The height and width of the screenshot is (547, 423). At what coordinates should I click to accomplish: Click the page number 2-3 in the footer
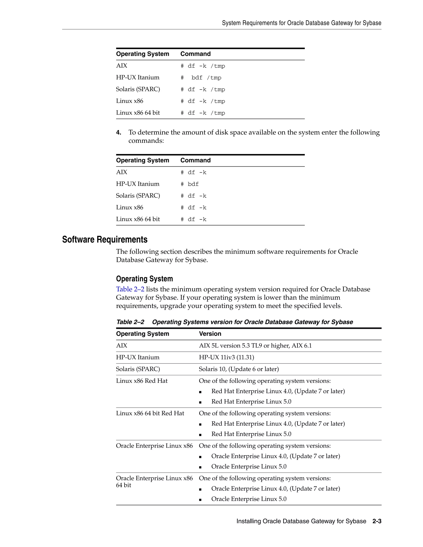coord(377,521)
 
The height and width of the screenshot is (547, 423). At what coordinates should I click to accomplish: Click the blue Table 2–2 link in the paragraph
coord(130,289)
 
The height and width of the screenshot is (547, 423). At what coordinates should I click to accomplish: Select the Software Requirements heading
coord(105,239)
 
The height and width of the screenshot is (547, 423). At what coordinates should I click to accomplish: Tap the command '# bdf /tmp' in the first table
coord(201,78)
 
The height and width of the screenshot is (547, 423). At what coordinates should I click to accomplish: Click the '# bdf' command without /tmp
coord(190,184)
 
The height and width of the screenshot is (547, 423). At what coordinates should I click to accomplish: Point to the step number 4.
coord(119,133)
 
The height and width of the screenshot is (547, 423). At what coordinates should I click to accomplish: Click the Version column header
coord(210,334)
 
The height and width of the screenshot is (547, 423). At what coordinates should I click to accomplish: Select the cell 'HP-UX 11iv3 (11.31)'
coord(226,357)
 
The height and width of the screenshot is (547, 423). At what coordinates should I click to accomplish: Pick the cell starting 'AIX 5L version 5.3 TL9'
coord(255,346)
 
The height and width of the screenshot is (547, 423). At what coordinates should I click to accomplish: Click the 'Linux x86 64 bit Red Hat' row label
coord(150,413)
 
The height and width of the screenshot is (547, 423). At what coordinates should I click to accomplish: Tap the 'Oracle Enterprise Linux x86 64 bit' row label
coord(154,481)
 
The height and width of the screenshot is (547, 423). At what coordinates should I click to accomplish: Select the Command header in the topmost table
coord(195,54)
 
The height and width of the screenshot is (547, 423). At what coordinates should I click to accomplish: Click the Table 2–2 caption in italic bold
coord(235,322)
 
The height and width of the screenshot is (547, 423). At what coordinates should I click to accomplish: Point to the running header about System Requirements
coord(302,23)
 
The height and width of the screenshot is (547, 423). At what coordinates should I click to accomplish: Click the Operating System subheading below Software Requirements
coord(144,279)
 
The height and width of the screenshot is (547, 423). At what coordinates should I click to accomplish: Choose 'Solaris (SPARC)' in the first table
coord(138,89)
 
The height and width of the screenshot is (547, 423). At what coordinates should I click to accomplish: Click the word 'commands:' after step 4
coord(146,141)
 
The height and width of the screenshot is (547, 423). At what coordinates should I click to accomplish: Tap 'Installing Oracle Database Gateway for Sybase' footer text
coord(301,521)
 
